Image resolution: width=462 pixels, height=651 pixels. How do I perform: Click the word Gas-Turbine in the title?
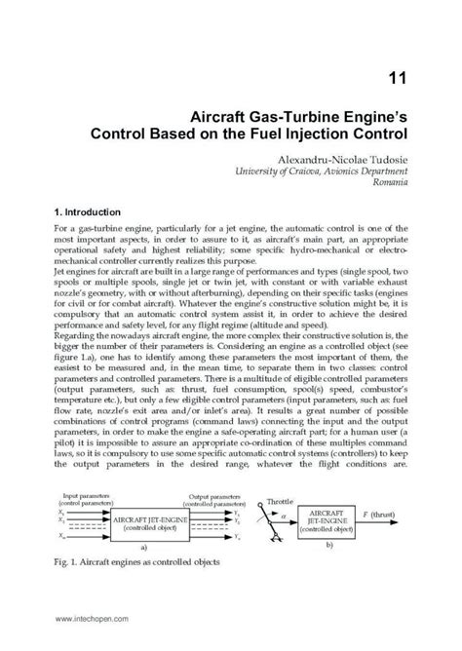(x=256, y=115)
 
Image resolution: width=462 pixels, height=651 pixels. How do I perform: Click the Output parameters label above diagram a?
(x=221, y=496)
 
